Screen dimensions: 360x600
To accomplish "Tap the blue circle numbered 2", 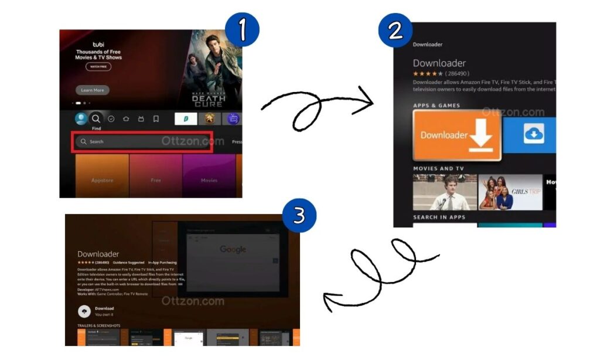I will (396, 30).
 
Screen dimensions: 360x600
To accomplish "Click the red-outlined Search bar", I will (142, 142).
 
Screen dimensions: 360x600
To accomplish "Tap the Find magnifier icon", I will (96, 119).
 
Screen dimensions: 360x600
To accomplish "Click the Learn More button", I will (92, 90).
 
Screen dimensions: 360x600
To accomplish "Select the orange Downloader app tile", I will (457, 135).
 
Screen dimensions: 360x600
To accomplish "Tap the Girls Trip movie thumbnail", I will (510, 192).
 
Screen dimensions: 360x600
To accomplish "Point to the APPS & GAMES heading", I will (437, 106).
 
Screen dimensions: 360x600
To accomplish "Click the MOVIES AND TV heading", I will (438, 169).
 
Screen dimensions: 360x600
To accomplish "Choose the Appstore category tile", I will (102, 180).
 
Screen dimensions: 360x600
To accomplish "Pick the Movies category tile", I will (209, 180).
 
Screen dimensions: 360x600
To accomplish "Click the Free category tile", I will (155, 180).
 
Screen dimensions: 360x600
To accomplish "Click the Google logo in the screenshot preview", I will (233, 250).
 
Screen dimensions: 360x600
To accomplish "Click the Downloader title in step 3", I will (98, 254).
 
